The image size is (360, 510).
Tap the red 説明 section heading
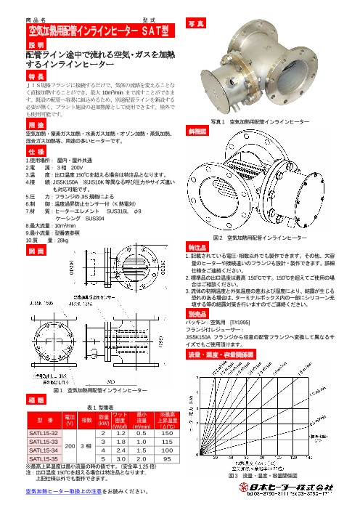(36, 44)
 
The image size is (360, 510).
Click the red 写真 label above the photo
(196, 24)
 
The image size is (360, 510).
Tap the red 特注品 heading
(198, 248)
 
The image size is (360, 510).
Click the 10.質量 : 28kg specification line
(47, 239)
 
